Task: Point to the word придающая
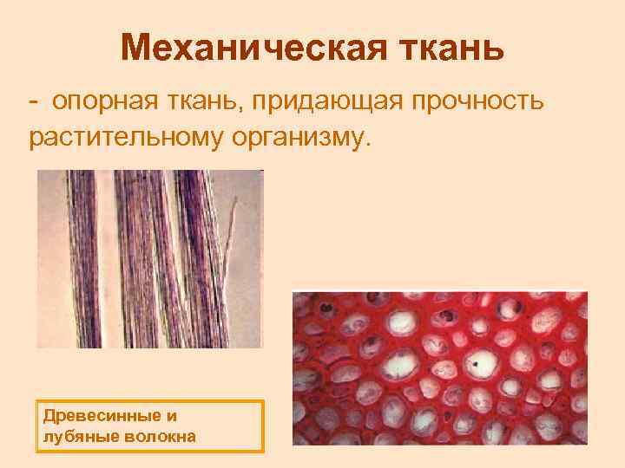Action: pyautogui.click(x=329, y=102)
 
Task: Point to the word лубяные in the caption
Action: pyautogui.click(x=73, y=435)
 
